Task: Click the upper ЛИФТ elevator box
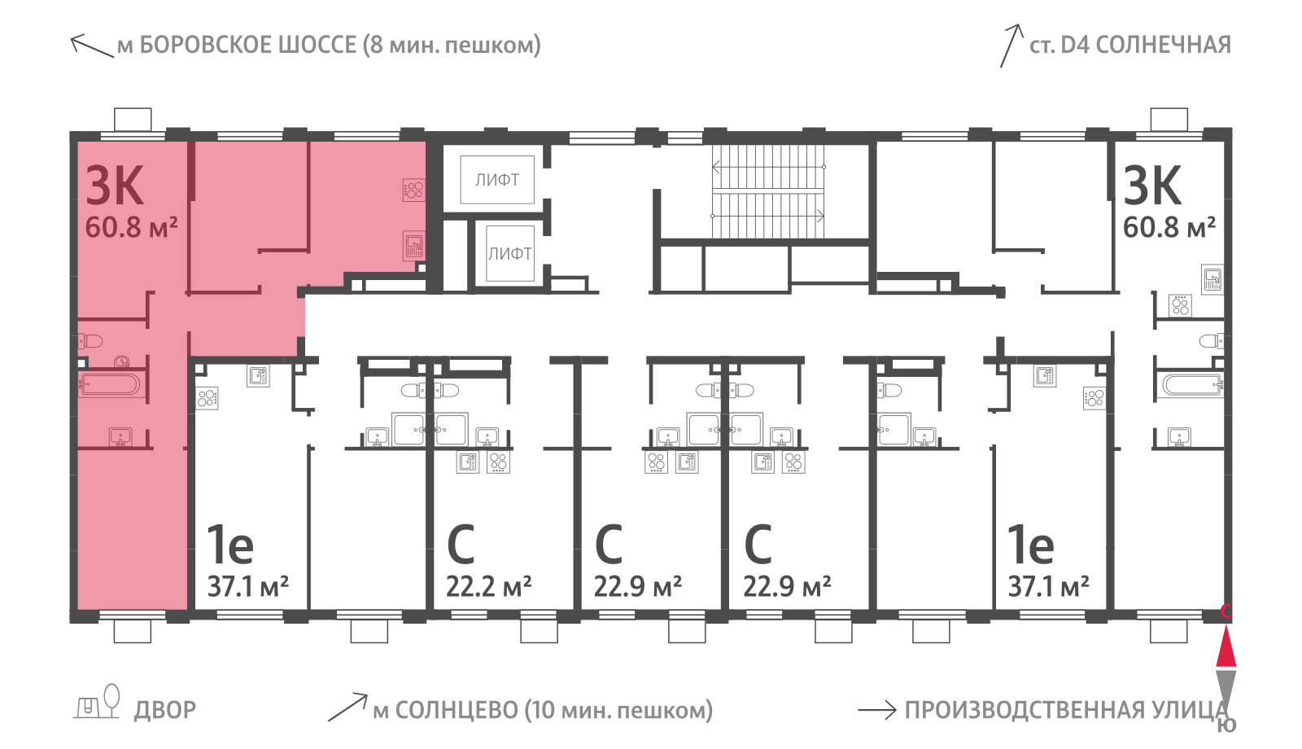(497, 180)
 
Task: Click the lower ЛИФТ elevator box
(509, 253)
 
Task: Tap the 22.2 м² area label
(488, 586)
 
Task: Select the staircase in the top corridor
(768, 191)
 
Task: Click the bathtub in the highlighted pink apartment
(110, 385)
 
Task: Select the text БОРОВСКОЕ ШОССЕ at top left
(248, 45)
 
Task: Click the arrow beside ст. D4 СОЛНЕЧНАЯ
(1011, 46)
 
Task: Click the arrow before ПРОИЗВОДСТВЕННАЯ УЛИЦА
(877, 710)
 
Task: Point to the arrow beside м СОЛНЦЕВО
(347, 707)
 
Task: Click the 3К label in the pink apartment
(115, 186)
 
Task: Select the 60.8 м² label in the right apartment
(1169, 227)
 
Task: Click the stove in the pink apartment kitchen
(413, 190)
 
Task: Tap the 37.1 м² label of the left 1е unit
(248, 586)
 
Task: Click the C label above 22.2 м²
(461, 545)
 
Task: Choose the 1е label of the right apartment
(1030, 545)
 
